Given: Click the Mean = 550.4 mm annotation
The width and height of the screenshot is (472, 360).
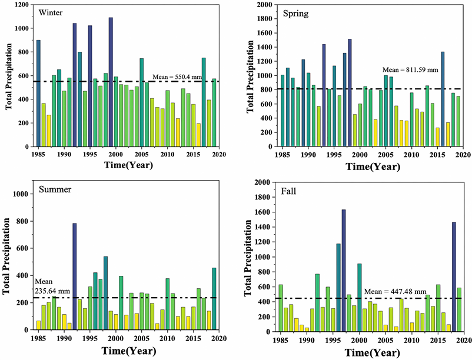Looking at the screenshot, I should coord(177,76).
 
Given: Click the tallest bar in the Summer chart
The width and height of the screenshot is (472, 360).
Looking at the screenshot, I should coord(75,276).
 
